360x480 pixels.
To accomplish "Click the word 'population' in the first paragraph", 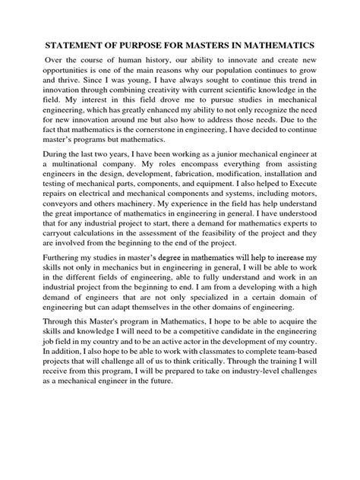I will point(242,72).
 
